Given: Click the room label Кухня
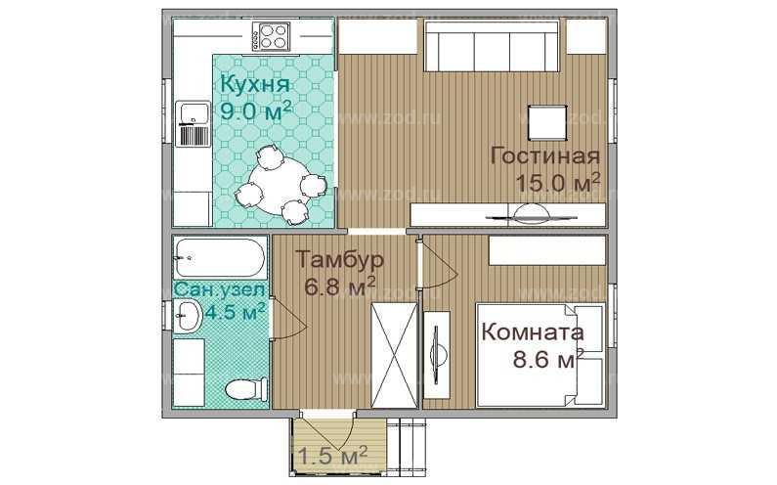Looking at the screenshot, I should (x=255, y=84).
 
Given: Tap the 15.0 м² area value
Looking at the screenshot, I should (x=556, y=183).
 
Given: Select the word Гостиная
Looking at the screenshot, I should (x=543, y=156).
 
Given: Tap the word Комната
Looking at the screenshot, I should (x=532, y=331).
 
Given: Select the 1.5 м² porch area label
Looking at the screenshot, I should (x=331, y=455).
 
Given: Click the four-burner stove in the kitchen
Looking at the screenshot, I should (x=271, y=37).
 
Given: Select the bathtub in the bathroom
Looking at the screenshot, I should (x=220, y=258).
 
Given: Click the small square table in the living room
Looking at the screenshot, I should (x=545, y=122).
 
